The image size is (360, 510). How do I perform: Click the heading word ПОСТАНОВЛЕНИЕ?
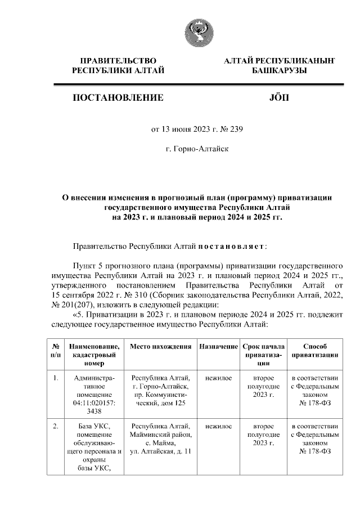pyautogui.click(x=118, y=97)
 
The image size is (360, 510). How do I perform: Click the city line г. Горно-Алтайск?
pyautogui.click(x=197, y=149)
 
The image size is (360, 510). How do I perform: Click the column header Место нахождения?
pyautogui.click(x=160, y=346)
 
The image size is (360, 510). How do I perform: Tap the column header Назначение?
pyautogui.click(x=218, y=346)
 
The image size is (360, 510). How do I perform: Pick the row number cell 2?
pyautogui.click(x=56, y=426)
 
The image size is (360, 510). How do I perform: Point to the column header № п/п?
pyautogui.click(x=56, y=351)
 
